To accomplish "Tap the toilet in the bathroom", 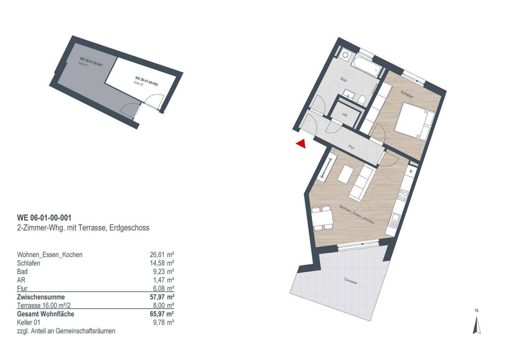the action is coord(361,100).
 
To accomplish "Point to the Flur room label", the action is coord(351,147).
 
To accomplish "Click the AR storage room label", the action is coord(345,115).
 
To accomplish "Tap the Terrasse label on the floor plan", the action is coord(350,281).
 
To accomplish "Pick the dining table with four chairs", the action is coord(322,218).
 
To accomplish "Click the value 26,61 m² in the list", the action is coord(162,255).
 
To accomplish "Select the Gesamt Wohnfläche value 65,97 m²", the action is coord(162,314).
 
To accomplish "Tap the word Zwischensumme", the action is coord(41,297).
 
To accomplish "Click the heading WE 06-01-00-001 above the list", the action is coord(44,218).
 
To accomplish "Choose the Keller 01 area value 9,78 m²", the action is coord(164,322).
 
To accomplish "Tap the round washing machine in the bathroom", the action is coord(346,56).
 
